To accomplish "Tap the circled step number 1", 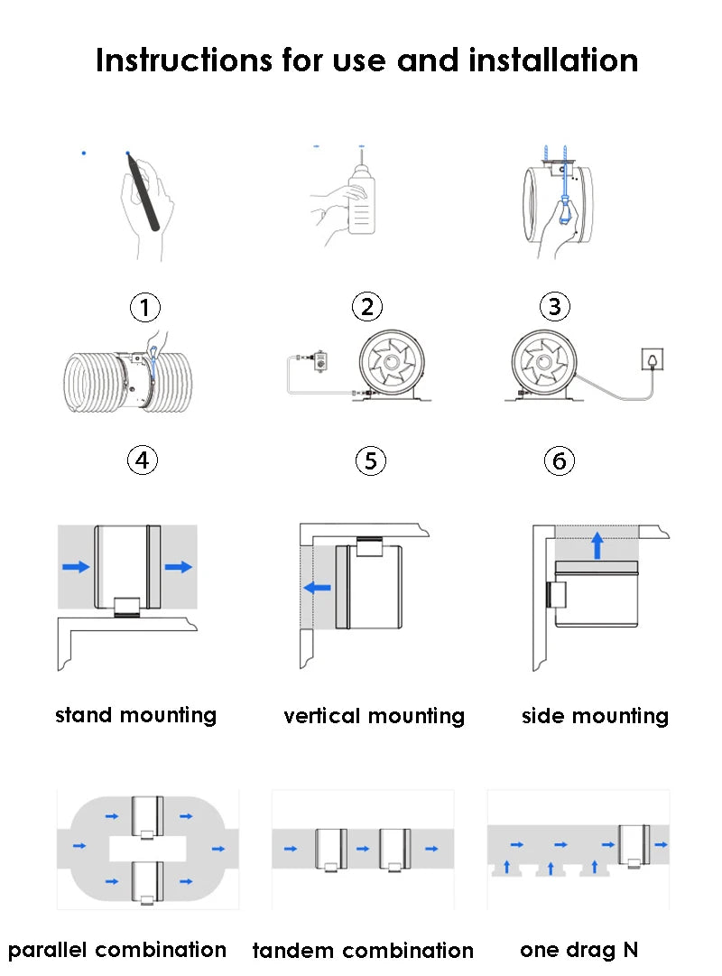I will pyautogui.click(x=144, y=308).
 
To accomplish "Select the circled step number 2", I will pyautogui.click(x=366, y=307).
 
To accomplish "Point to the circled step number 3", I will pyautogui.click(x=554, y=307).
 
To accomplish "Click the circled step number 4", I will pyautogui.click(x=142, y=460).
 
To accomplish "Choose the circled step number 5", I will pyautogui.click(x=370, y=460).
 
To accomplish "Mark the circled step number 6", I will pyautogui.click(x=560, y=461).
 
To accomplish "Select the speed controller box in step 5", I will pyautogui.click(x=318, y=360).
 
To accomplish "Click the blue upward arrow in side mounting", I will pyautogui.click(x=596, y=544).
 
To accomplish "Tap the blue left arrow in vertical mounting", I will pyautogui.click(x=317, y=588).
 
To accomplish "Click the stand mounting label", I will pyautogui.click(x=136, y=716).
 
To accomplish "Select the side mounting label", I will pyautogui.click(x=595, y=717).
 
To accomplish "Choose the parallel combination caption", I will pyautogui.click(x=117, y=950).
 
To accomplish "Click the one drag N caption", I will pyautogui.click(x=579, y=950).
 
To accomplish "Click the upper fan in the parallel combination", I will pyautogui.click(x=147, y=816).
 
